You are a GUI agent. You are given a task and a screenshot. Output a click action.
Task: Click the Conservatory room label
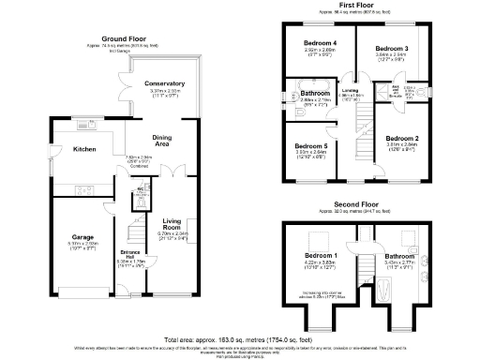164,83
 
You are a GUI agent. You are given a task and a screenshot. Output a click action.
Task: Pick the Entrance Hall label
129,254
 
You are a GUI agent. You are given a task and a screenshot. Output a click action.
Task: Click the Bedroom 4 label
320,43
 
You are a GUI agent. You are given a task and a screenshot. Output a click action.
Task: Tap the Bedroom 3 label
393,48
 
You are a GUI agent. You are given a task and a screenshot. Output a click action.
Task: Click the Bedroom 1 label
322,255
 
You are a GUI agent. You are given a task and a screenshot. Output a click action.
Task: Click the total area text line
239,337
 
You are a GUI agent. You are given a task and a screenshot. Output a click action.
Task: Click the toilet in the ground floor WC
139,198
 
